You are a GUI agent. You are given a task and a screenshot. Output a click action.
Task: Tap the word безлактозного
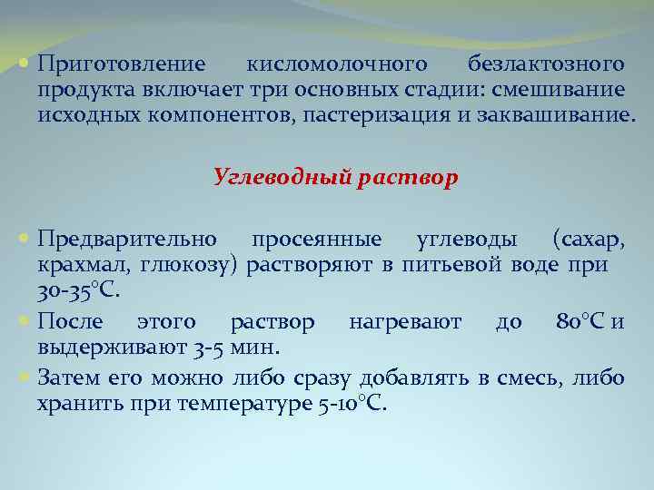click(x=546, y=65)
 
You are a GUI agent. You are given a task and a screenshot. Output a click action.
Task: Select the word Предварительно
click(x=127, y=240)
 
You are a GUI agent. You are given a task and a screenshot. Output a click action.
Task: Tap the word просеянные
click(x=317, y=240)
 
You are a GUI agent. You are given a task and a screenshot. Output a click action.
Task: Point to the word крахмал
click(x=84, y=265)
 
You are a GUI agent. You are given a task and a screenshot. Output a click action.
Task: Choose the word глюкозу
click(x=188, y=265)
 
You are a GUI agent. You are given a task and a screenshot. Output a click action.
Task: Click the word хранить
click(x=75, y=405)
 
